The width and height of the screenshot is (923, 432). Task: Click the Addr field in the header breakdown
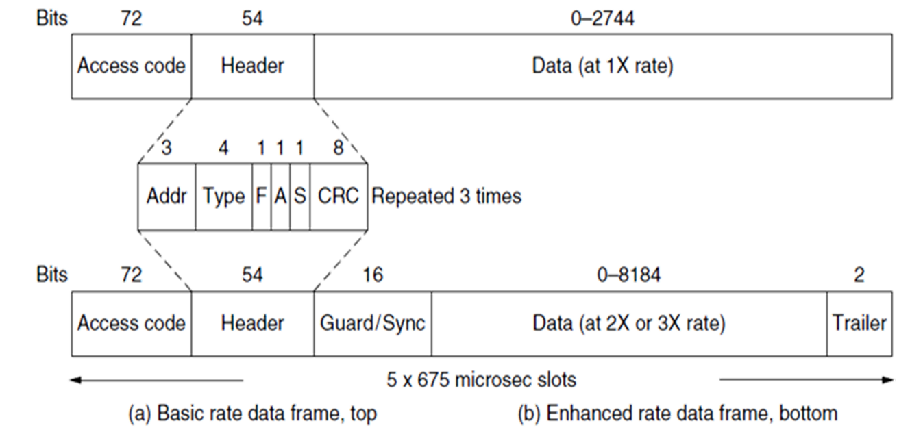pos(167,196)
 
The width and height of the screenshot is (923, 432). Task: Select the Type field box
pos(223,196)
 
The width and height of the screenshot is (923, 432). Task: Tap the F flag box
pos(261,196)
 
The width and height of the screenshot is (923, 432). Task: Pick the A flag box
pos(280,196)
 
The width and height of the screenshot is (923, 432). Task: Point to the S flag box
pos(299,196)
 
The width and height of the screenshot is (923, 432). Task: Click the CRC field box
pos(339,196)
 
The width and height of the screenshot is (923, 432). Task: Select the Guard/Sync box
pos(373,323)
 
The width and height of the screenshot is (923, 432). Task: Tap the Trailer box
pos(859,323)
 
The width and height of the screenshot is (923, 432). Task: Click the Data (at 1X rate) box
pos(603,66)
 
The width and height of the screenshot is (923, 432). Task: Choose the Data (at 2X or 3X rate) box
pos(628,323)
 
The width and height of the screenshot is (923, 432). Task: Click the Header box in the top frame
pos(253,66)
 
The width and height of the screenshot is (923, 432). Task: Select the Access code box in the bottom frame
pos(131,323)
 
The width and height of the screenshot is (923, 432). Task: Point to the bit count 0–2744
pos(603,19)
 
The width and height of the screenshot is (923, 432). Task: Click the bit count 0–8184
pos(628,275)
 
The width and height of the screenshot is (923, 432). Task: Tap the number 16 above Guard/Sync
pos(373,275)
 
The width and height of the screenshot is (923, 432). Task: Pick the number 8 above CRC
pos(339,149)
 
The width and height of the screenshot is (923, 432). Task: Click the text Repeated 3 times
pos(447,196)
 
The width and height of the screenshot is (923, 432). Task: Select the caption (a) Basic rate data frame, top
pos(253,414)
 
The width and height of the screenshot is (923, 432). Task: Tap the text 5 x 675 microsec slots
pos(482,379)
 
